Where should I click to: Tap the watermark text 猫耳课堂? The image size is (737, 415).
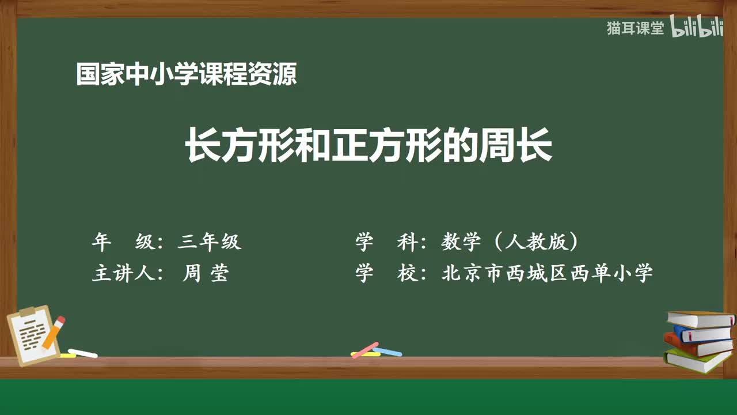coord(635,28)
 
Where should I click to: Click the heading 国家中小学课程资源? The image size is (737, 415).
coord(186,74)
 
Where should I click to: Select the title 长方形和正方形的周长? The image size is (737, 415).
coord(368,145)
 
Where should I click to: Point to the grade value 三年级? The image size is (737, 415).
coord(210,242)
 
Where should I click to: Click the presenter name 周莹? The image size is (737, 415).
coord(206,273)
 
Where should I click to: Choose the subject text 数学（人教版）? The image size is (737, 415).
coord(510,242)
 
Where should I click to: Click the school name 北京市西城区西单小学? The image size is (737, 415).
coord(547,273)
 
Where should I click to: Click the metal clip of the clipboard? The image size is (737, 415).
coord(27,312)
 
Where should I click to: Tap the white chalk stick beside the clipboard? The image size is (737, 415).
coord(82,353)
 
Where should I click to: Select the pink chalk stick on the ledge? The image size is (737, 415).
coord(365,349)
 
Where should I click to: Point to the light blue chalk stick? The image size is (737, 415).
coord(388,351)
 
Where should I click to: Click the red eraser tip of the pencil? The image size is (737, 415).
coord(60,320)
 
